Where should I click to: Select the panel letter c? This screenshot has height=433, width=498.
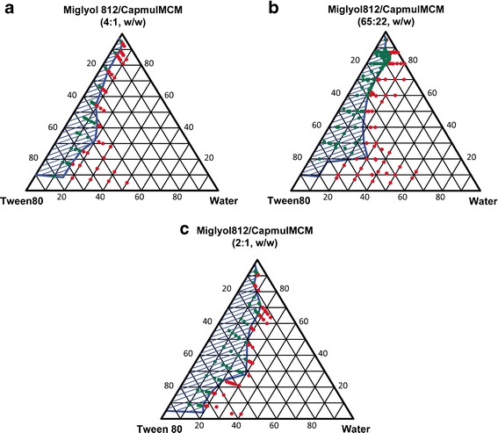pos(134,232)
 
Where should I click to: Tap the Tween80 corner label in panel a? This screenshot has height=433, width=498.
pos(21,201)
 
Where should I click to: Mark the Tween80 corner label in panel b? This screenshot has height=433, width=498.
pos(281,201)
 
